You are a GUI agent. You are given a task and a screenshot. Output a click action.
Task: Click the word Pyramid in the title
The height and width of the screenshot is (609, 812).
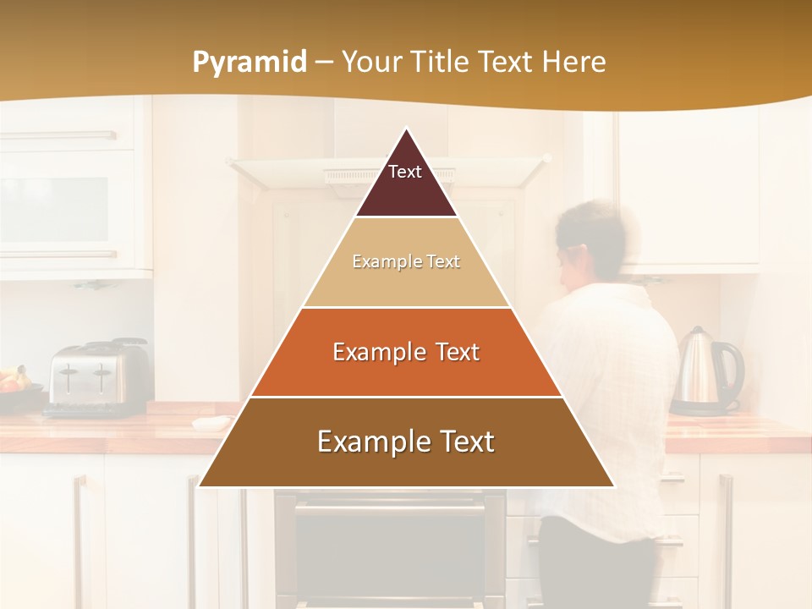click(249, 63)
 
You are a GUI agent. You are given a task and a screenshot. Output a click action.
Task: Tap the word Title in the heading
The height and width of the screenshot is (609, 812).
click(438, 63)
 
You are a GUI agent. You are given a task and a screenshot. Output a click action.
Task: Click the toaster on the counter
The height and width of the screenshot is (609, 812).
click(96, 376)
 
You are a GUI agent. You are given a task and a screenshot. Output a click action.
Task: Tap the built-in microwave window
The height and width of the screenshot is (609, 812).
click(55, 208)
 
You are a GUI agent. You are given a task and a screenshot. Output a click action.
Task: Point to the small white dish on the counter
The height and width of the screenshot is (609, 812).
click(211, 422)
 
